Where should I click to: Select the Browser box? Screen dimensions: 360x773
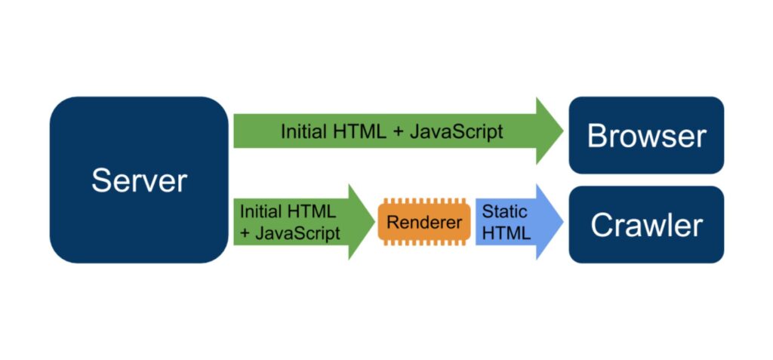646,136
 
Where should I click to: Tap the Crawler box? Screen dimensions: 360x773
646,225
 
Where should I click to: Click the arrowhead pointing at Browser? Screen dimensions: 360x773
549,131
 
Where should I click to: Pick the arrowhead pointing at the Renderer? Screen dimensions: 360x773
360,222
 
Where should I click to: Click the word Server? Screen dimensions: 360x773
139,180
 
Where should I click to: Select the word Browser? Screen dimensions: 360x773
646,136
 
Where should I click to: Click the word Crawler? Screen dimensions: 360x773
646,225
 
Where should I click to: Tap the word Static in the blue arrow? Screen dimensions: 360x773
505,211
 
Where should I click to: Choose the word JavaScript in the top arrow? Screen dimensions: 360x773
456,131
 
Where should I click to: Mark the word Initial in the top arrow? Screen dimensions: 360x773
303,131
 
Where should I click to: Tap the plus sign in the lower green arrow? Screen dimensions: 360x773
245,234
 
